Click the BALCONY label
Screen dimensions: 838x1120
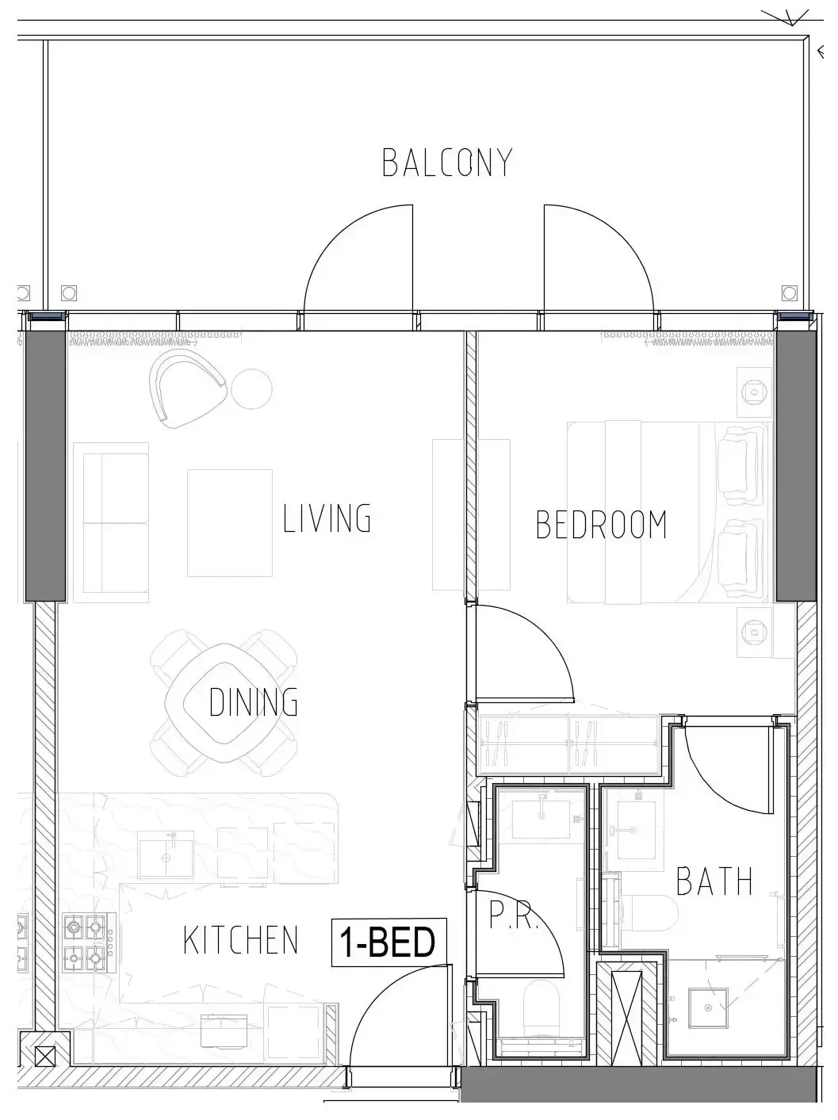click(x=446, y=162)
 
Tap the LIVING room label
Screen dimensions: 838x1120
click(x=327, y=518)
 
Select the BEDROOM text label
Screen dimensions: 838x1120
click(x=601, y=525)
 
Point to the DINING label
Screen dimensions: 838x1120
click(x=253, y=701)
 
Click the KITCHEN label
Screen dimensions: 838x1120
click(x=240, y=940)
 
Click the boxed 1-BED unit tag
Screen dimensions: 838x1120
click(x=389, y=942)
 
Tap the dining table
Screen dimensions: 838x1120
click(x=224, y=703)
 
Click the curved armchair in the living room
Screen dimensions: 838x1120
click(x=187, y=388)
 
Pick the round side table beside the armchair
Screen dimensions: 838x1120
click(x=251, y=389)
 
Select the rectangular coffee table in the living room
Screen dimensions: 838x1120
click(x=230, y=523)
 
